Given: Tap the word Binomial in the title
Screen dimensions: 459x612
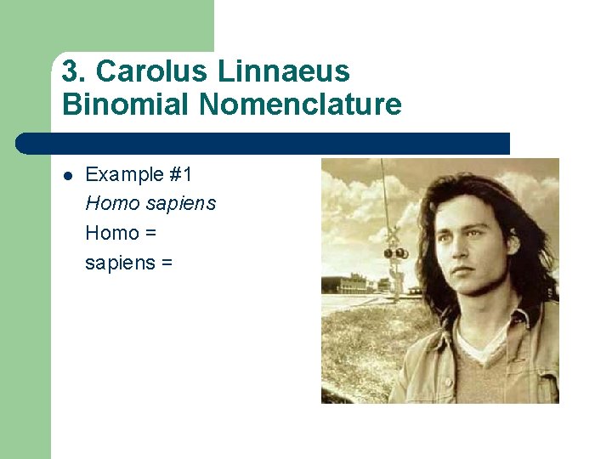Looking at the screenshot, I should pyautogui.click(x=126, y=105).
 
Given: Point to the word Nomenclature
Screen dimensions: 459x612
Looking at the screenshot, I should pyautogui.click(x=299, y=105).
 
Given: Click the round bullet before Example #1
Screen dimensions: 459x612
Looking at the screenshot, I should pyautogui.click(x=68, y=176).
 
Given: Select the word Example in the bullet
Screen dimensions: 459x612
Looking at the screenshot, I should pyautogui.click(x=124, y=175).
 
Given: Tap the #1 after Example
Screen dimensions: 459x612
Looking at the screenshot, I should pyautogui.click(x=181, y=175).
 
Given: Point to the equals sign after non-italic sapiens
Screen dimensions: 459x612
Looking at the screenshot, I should pyautogui.click(x=166, y=263).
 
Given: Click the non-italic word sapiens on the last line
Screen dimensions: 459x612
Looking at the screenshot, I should pyautogui.click(x=118, y=263).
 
